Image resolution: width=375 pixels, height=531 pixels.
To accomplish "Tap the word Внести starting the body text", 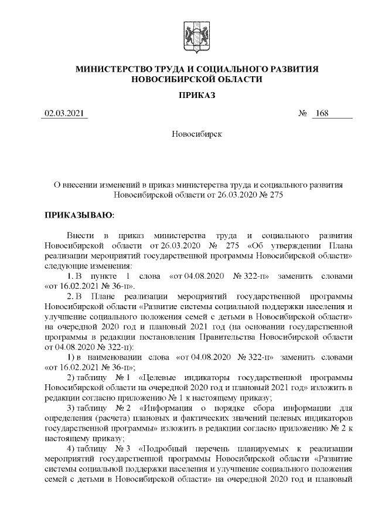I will click(80, 236).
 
